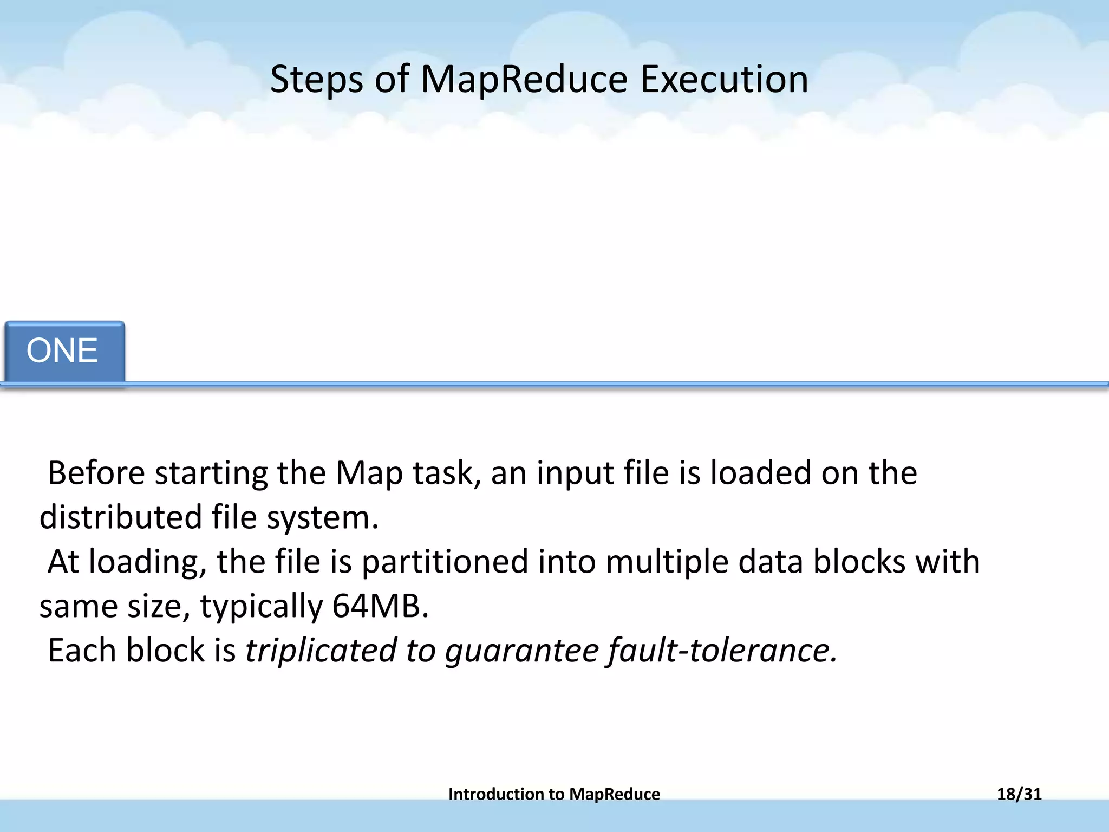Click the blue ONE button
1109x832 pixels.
[x=64, y=351]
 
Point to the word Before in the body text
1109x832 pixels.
[x=96, y=473]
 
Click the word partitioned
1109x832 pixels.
[x=445, y=562]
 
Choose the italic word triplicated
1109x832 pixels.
[x=321, y=651]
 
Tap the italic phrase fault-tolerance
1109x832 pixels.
[x=721, y=651]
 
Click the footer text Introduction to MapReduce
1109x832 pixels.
[x=554, y=794]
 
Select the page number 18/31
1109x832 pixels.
[x=1019, y=794]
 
